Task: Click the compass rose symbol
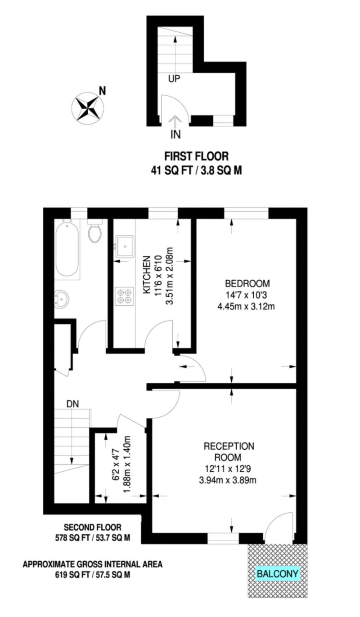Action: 88,108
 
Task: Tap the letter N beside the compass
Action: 103,90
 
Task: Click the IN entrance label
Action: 175,134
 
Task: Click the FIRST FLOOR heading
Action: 196,156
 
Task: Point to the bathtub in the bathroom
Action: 67,250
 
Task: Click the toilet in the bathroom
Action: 94,233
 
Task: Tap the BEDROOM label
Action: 247,284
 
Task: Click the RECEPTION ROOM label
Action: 229,452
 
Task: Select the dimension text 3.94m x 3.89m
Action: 228,480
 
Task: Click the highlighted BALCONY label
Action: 277,573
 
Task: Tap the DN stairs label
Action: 72,403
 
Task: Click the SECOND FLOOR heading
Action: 92,527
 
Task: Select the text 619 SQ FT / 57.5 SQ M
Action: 93,574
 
